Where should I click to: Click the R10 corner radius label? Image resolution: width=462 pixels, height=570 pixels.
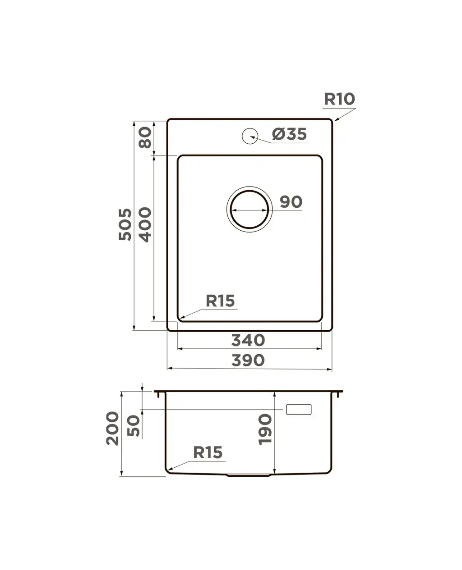tap(339, 99)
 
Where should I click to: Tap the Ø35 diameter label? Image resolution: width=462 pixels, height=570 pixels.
tap(289, 134)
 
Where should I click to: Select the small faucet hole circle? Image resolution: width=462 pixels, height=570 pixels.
tap(250, 136)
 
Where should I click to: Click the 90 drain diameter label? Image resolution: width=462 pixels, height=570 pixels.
tap(291, 202)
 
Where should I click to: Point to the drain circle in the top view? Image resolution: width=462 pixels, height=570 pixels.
tap(249, 191)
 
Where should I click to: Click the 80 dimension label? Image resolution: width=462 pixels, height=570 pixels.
tap(145, 137)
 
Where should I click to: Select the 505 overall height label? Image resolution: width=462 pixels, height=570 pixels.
tap(125, 225)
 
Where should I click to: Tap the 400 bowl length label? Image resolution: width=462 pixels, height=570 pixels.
tap(145, 225)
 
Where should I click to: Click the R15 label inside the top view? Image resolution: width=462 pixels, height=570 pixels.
tap(220, 301)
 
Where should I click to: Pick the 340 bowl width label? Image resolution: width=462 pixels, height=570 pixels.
tap(248, 340)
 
